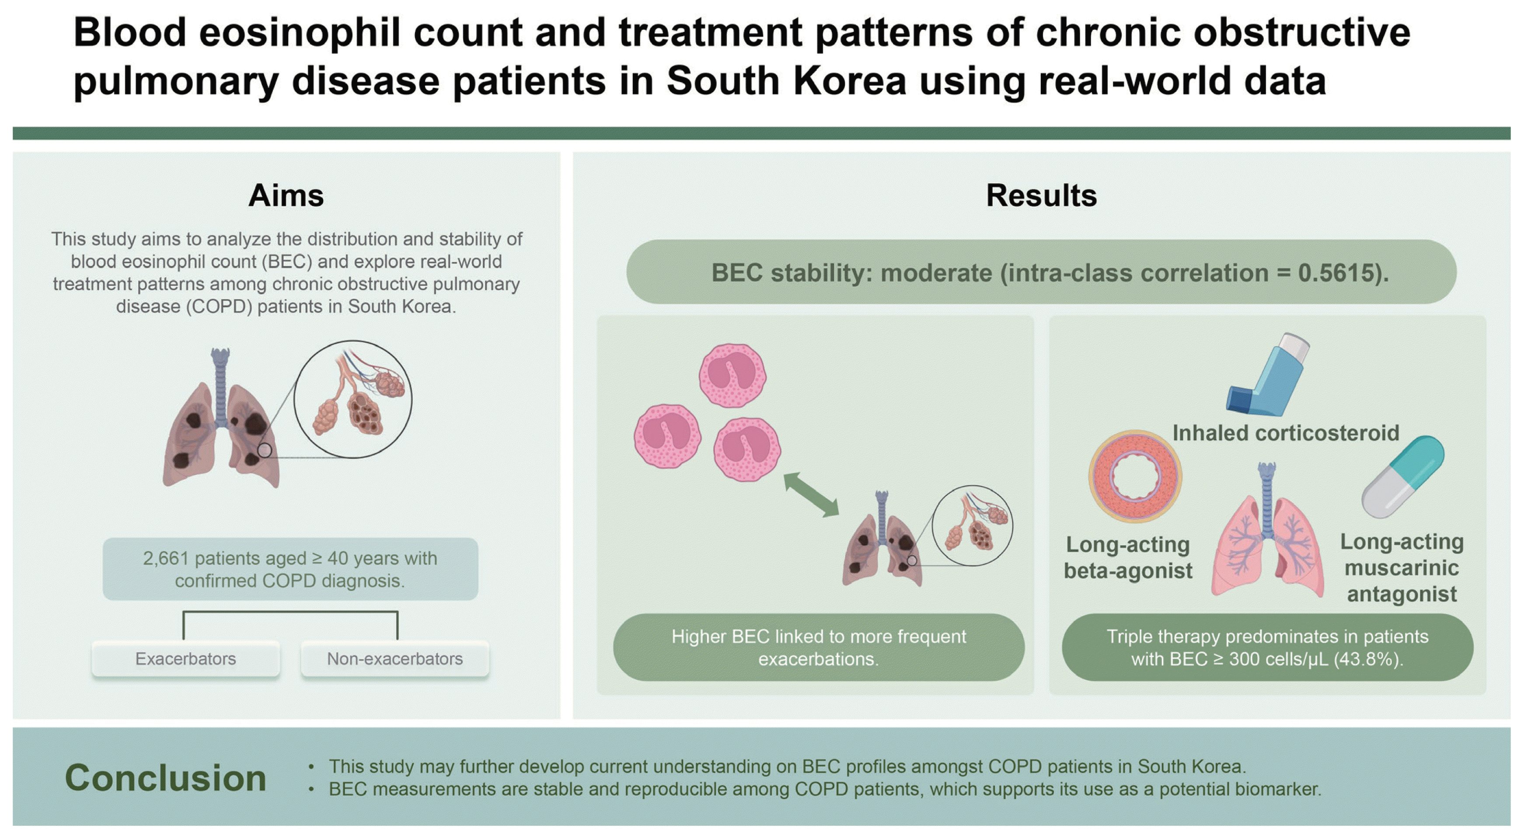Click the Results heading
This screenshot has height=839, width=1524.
1041,195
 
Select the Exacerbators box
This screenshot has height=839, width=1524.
186,658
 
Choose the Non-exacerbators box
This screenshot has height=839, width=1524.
395,658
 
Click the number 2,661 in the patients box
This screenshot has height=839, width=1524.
166,558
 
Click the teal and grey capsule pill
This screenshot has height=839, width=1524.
1403,477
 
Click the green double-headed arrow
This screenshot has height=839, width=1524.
811,494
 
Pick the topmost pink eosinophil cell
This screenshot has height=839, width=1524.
732,375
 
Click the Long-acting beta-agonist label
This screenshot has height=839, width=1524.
1128,557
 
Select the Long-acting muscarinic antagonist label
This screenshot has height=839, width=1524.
1402,567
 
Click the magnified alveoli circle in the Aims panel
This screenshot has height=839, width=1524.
353,399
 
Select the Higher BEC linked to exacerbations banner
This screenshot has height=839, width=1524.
819,648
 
